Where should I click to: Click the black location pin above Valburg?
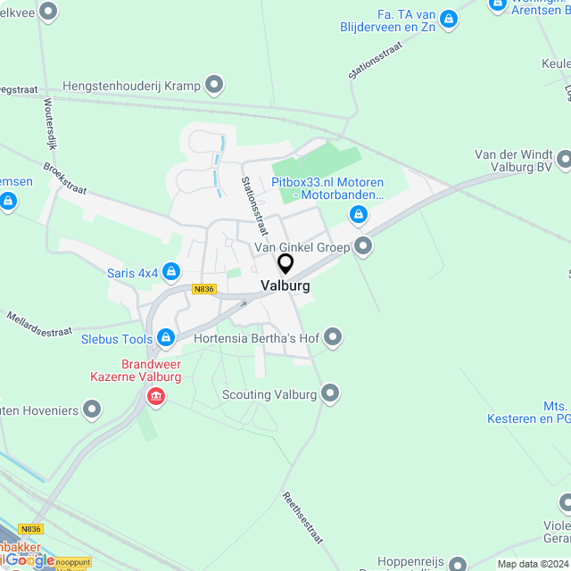[x=285, y=264]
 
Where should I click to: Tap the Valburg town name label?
[x=285, y=286]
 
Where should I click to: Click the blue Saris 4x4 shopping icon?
[x=171, y=271]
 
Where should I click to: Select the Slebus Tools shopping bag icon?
[x=165, y=337]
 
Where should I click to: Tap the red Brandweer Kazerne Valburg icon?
[x=156, y=395]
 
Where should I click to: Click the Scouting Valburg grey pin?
[x=331, y=393]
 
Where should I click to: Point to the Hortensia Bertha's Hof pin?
[x=333, y=336]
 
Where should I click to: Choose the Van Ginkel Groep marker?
[x=362, y=245]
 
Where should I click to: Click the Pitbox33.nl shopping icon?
[x=358, y=214]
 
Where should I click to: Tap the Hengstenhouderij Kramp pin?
[x=214, y=86]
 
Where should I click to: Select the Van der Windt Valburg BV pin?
[x=564, y=160]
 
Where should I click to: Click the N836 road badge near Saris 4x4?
[x=203, y=288]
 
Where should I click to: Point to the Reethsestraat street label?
[x=302, y=518]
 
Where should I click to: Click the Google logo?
[x=30, y=559]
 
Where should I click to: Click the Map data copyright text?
[x=533, y=564]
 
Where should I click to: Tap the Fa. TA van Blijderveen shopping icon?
[x=448, y=18]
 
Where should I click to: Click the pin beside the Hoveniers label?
[x=91, y=410]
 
